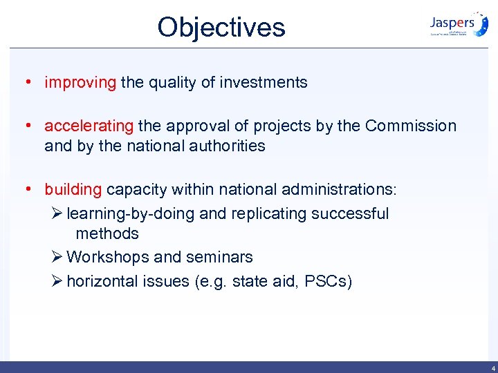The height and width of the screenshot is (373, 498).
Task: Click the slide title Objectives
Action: (x=221, y=28)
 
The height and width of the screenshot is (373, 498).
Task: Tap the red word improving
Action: (x=80, y=83)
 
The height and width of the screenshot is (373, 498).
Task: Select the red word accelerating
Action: (x=89, y=126)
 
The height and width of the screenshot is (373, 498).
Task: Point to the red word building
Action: (x=73, y=189)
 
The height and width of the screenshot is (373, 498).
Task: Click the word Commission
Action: (x=411, y=126)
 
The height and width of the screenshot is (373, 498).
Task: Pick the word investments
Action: (x=264, y=83)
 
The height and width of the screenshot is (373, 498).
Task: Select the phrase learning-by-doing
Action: (x=130, y=214)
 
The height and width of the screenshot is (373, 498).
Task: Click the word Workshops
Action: (x=108, y=257)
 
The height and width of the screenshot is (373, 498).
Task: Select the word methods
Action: (x=107, y=233)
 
